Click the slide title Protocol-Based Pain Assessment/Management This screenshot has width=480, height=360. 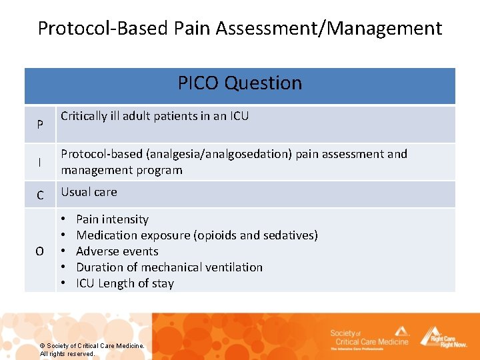[240, 28]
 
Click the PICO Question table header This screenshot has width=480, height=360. [240, 83]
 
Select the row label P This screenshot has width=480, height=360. [40, 125]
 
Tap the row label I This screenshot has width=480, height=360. [40, 162]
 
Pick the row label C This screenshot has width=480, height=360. [40, 195]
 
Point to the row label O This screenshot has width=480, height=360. [40, 251]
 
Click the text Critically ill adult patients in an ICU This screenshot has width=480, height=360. [155, 116]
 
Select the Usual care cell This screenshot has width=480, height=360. [89, 192]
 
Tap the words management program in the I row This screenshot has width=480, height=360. [121, 170]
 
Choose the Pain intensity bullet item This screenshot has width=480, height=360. [112, 219]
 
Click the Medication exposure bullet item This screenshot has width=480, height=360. [197, 235]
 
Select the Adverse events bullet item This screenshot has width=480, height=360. [117, 251]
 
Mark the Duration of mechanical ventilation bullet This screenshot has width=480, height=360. [169, 267]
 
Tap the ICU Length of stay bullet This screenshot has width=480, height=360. [125, 283]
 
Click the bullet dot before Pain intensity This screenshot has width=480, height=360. [62, 219]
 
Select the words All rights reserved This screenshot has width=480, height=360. [67, 353]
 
